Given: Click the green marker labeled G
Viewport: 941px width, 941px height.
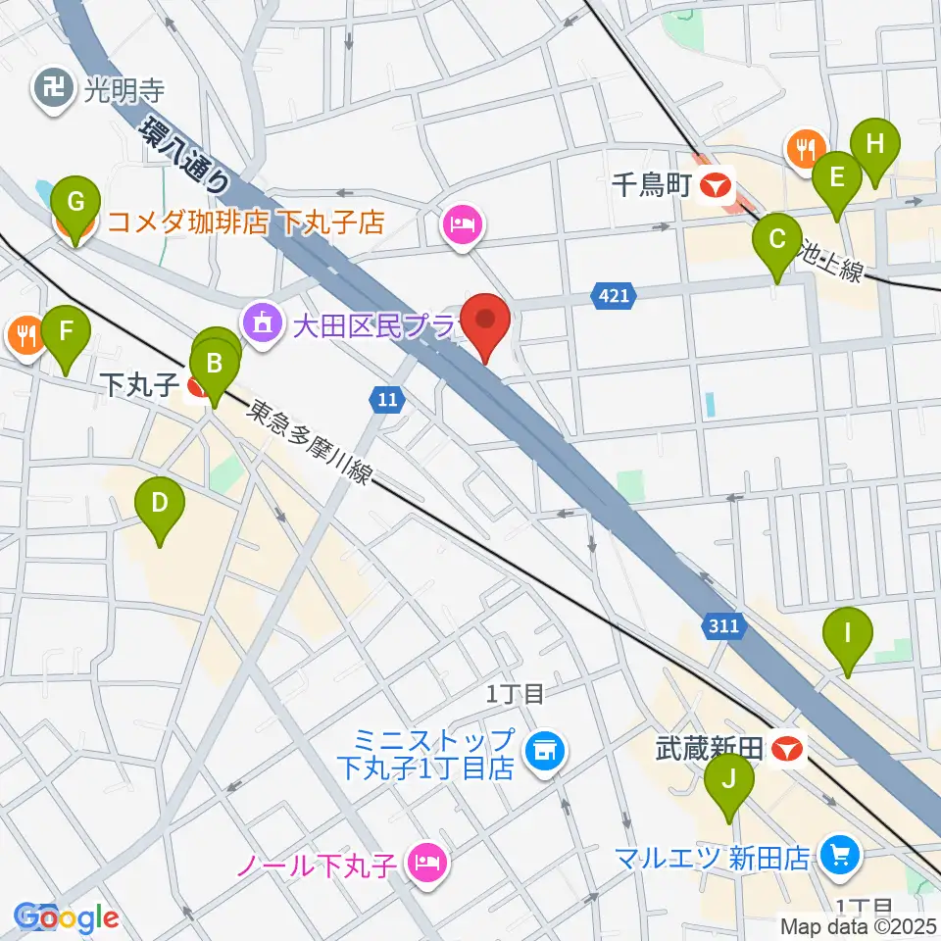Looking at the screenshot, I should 74,203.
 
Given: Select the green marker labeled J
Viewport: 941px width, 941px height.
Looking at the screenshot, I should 728,780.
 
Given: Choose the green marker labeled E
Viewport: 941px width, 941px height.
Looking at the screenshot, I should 836,178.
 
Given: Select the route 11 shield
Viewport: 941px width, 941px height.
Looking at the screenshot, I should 387,398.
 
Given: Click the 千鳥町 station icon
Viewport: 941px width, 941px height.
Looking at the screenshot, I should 720,183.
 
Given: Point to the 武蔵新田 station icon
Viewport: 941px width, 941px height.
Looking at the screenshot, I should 787,750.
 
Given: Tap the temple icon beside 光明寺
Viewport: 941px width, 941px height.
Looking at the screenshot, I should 52,91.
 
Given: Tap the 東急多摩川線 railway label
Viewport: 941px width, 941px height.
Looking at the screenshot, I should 309,444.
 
